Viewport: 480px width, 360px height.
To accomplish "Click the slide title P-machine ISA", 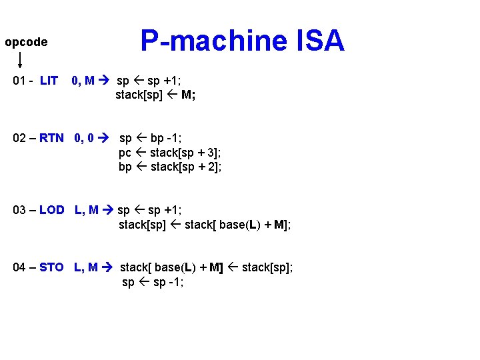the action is [242, 41].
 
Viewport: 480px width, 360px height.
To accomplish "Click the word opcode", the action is [26, 42].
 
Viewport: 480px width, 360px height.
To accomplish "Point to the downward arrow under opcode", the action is [20, 60].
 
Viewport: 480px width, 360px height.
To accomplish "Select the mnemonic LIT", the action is [49, 81].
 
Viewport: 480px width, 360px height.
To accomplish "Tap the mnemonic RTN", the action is [51, 138].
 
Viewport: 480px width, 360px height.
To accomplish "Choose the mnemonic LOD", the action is [51, 209].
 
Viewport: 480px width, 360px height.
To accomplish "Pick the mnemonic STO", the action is [51, 267].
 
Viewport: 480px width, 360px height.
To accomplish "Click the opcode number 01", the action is [20, 81].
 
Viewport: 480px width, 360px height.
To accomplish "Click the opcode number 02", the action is [20, 138].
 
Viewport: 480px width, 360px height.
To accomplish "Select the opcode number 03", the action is [20, 209].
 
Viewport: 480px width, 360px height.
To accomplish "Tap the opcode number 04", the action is [20, 267].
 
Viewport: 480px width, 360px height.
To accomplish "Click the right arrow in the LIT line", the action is [105, 81].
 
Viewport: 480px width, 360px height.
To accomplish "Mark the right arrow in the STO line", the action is [107, 267].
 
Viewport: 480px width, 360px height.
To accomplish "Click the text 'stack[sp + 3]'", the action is [185, 153].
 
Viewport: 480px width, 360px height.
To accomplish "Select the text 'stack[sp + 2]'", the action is [185, 167].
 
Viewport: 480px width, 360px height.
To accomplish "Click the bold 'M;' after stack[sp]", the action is [188, 95].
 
